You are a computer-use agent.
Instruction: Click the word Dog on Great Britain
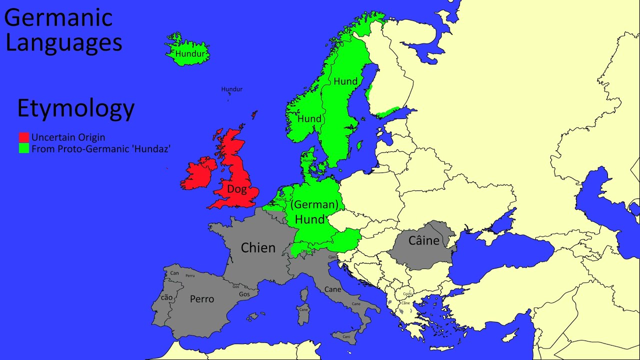point(237,189)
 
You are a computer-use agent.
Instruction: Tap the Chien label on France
point(258,247)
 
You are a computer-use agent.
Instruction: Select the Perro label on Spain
point(202,299)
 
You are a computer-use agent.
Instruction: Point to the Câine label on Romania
point(423,240)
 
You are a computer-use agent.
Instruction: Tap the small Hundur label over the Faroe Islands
point(232,89)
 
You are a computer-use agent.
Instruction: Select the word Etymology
point(76,108)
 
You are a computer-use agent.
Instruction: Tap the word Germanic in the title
point(58,18)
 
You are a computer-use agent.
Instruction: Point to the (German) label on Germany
point(314,204)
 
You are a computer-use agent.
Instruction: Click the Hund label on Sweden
point(345,81)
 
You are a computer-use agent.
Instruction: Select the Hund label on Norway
point(309,119)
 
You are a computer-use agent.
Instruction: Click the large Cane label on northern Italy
point(333,289)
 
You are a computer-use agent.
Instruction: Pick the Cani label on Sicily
point(346,337)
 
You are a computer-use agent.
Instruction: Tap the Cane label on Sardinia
point(303,309)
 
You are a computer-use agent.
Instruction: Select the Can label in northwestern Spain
point(174,273)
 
